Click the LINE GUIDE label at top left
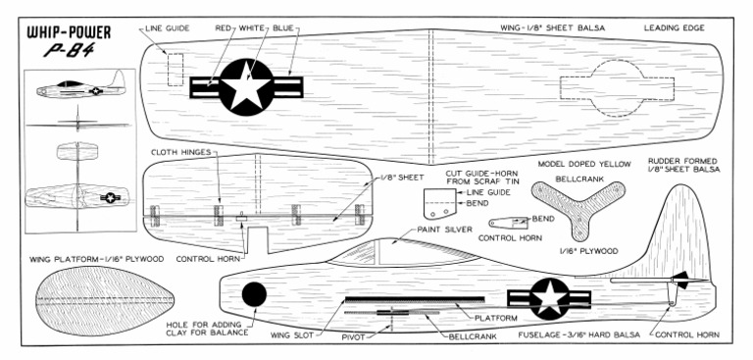click(x=162, y=28)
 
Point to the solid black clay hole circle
click(x=253, y=294)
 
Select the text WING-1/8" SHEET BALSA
click(x=551, y=28)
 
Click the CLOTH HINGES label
click(x=183, y=153)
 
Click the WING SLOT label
click(x=292, y=335)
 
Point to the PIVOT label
click(x=357, y=335)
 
